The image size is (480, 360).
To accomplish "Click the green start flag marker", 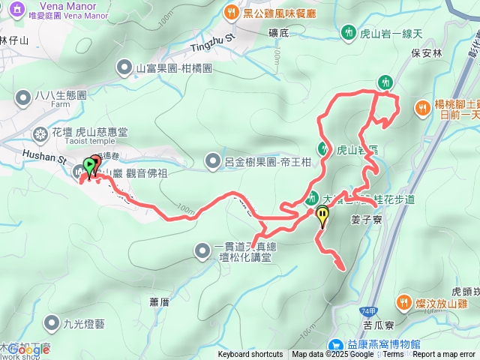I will [90, 164].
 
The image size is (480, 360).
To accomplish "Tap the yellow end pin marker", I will [322, 215].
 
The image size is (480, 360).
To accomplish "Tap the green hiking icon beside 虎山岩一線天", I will [348, 32].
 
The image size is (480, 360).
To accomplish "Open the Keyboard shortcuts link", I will [250, 355].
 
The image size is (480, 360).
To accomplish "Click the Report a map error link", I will [445, 355].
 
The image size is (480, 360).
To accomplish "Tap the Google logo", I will [28, 349].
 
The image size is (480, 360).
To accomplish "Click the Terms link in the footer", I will [393, 355].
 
